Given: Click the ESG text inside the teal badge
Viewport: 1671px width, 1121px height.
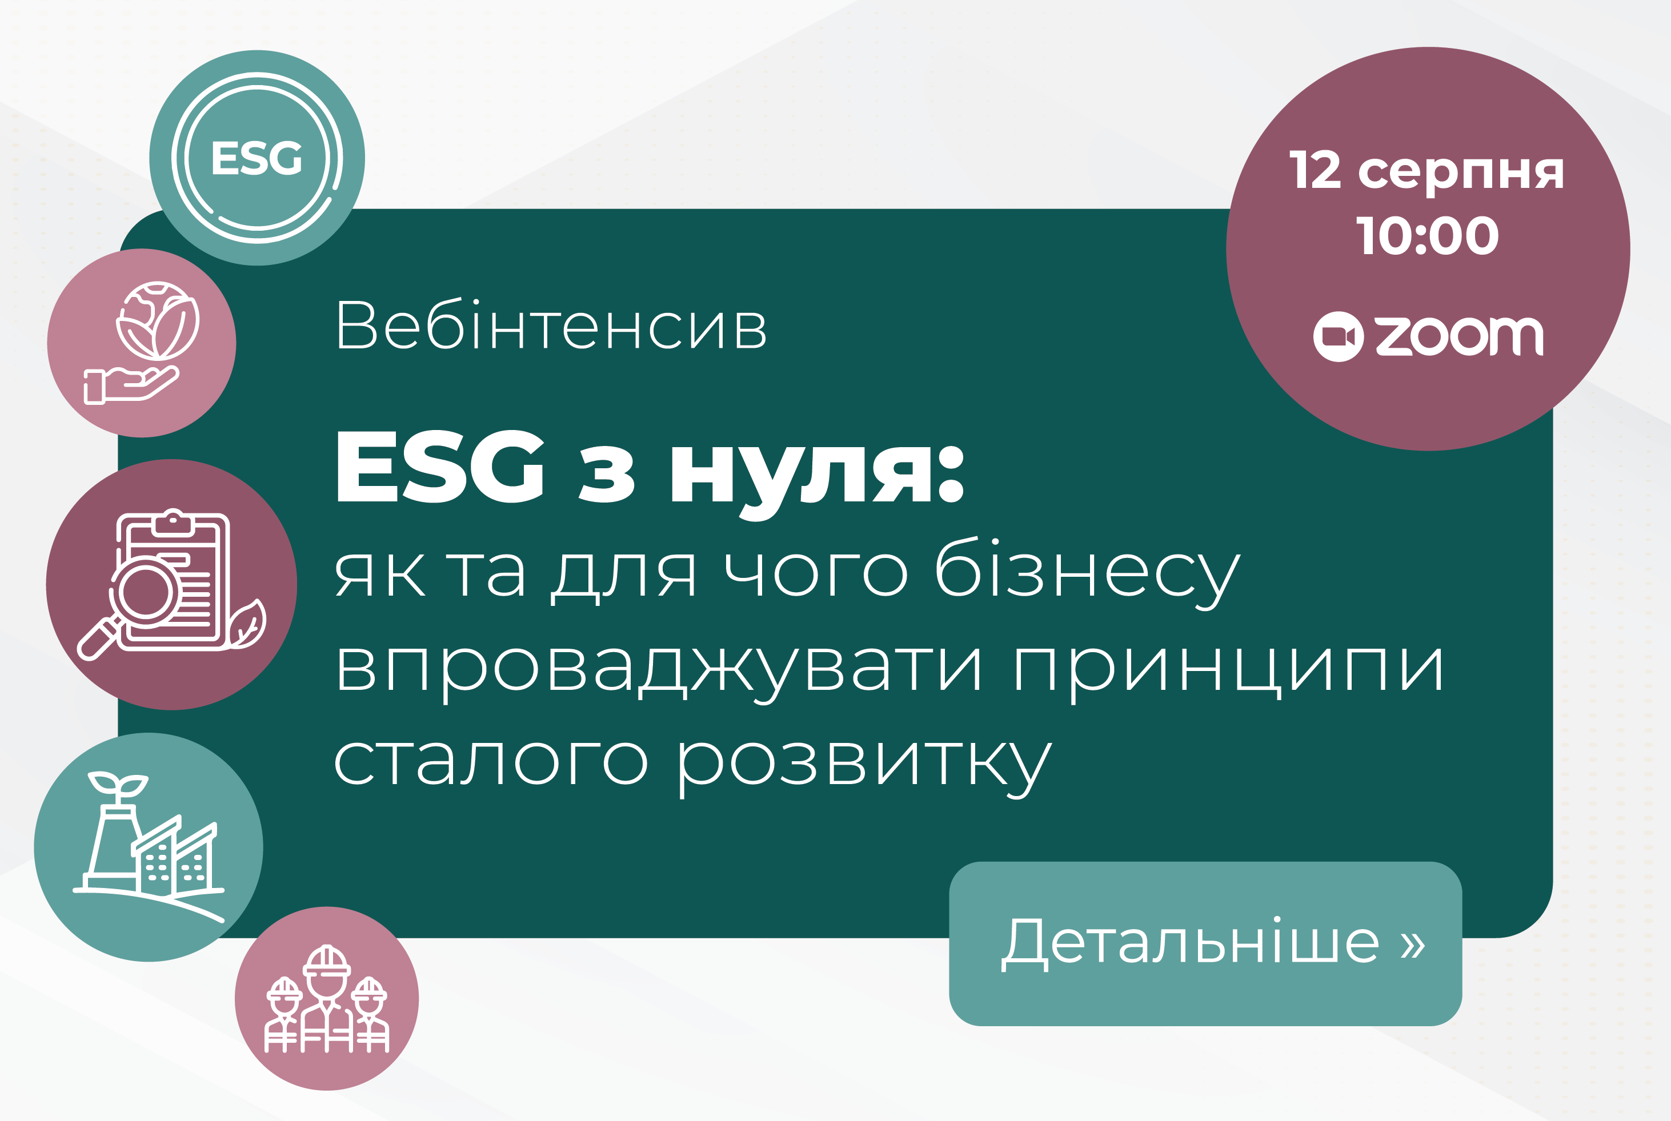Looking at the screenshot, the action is coord(257,158).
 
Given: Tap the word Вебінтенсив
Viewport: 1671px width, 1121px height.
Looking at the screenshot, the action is coord(551,326).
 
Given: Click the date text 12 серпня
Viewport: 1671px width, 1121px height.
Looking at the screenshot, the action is coord(1426,171).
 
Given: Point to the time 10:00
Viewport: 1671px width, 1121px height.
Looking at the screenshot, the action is coord(1427,236).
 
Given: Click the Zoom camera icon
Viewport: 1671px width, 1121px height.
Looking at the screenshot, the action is coord(1338,337).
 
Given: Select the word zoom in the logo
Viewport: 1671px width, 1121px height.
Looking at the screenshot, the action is coord(1460,336).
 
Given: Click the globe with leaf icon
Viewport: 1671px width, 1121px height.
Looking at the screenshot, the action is coord(158,320).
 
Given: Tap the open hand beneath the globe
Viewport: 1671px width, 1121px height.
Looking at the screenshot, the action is coord(131,385).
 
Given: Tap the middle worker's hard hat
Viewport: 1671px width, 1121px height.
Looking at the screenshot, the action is coord(327,961).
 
